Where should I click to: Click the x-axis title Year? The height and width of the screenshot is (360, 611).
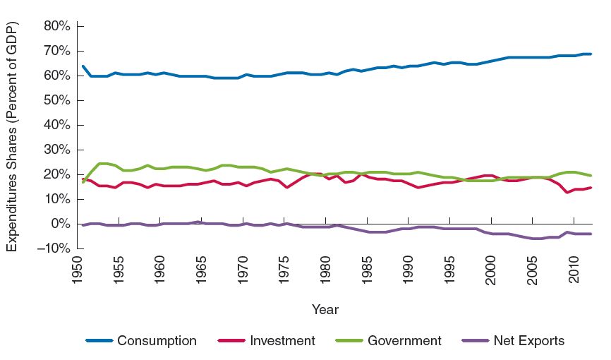tap(325, 309)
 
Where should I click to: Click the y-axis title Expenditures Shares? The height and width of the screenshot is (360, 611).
tap(12, 137)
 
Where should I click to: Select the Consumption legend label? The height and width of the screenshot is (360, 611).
tap(157, 341)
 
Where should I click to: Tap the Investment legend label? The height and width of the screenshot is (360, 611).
tap(282, 341)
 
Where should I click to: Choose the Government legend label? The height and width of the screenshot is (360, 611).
tap(404, 341)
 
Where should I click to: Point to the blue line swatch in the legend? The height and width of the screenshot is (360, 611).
tap(99, 341)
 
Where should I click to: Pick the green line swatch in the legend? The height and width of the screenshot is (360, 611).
tap(349, 341)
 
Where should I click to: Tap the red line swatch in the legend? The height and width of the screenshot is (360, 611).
tap(230, 341)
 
